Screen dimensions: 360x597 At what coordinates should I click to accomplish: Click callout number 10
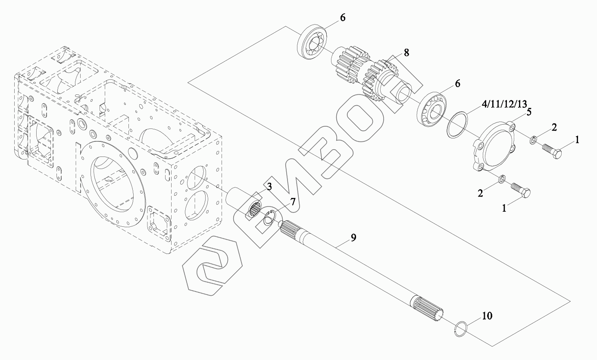pos(487,316)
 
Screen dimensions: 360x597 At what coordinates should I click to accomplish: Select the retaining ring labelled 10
pos(462,328)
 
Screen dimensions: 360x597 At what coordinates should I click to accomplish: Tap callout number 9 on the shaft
pos(353,238)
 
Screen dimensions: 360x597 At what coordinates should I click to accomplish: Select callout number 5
pos(528,111)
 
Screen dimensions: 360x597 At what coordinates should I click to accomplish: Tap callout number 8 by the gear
pos(406,53)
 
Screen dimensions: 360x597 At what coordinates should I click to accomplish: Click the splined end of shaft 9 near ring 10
pos(427,309)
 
